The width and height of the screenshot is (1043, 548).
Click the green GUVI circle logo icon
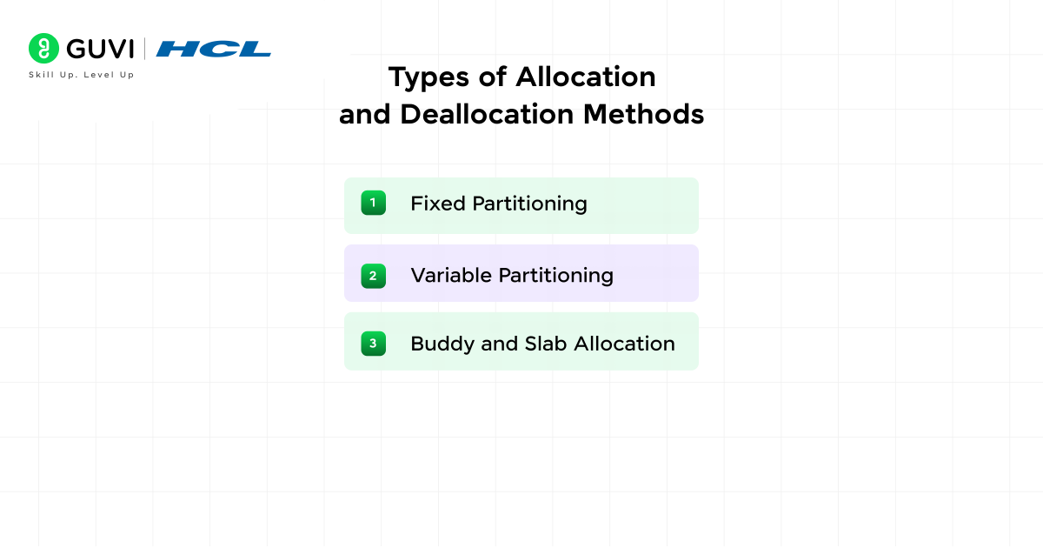click(x=43, y=48)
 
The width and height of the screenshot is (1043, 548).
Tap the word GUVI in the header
click(x=100, y=49)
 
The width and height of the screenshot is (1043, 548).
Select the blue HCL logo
click(x=213, y=49)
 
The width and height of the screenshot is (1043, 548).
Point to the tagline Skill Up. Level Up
click(x=82, y=75)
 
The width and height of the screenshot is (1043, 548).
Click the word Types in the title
click(x=428, y=77)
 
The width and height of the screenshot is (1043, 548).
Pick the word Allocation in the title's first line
click(x=586, y=77)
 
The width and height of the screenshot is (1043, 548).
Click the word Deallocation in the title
click(x=487, y=114)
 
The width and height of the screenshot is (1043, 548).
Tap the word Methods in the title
click(x=643, y=114)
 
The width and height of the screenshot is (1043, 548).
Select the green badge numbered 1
click(x=374, y=203)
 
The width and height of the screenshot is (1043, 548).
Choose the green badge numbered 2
click(x=374, y=276)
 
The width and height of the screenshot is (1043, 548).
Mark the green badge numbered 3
click(x=374, y=344)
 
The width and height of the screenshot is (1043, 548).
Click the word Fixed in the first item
click(x=438, y=204)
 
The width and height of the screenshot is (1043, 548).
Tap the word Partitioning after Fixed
click(x=530, y=204)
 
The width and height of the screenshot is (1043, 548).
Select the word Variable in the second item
click(x=451, y=276)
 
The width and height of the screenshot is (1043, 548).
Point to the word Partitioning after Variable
click(x=556, y=277)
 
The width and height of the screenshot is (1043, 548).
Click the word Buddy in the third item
click(x=442, y=344)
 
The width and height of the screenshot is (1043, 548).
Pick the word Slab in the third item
click(x=546, y=344)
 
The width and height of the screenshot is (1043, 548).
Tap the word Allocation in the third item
click(x=624, y=344)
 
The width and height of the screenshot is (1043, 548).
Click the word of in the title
click(x=493, y=77)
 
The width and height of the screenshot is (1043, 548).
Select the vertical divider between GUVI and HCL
click(x=144, y=49)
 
